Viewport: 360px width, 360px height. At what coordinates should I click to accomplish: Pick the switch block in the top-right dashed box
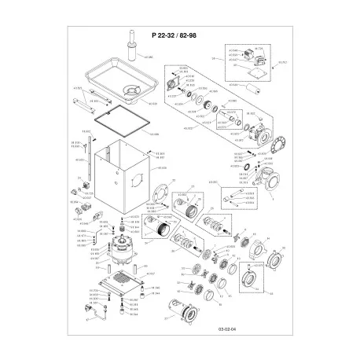click(x=250, y=55)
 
